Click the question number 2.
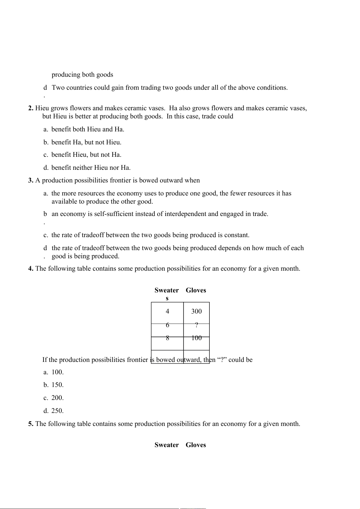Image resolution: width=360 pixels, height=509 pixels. coord(31,108)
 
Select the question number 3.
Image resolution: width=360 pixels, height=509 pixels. coord(31,180)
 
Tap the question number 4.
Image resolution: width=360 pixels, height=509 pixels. coord(31,269)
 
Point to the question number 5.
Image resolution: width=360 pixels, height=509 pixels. coord(31,424)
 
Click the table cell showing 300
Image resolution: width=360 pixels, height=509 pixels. coord(196,311)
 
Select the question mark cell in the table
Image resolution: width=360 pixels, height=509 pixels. coord(196,325)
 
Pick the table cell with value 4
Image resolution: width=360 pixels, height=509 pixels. coord(167,311)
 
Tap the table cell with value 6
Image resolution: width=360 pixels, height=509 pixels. coord(167,325)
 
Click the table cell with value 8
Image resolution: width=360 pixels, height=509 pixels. coord(167,338)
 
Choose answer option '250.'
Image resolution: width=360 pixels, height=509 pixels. coord(57,411)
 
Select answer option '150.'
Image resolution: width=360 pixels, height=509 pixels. coord(57,385)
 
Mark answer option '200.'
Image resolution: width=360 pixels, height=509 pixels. coord(57,398)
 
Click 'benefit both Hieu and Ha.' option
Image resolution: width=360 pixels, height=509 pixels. coord(88,129)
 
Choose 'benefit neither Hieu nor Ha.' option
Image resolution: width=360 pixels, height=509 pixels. coord(91,168)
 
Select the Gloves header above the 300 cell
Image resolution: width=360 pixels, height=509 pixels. coord(196,290)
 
